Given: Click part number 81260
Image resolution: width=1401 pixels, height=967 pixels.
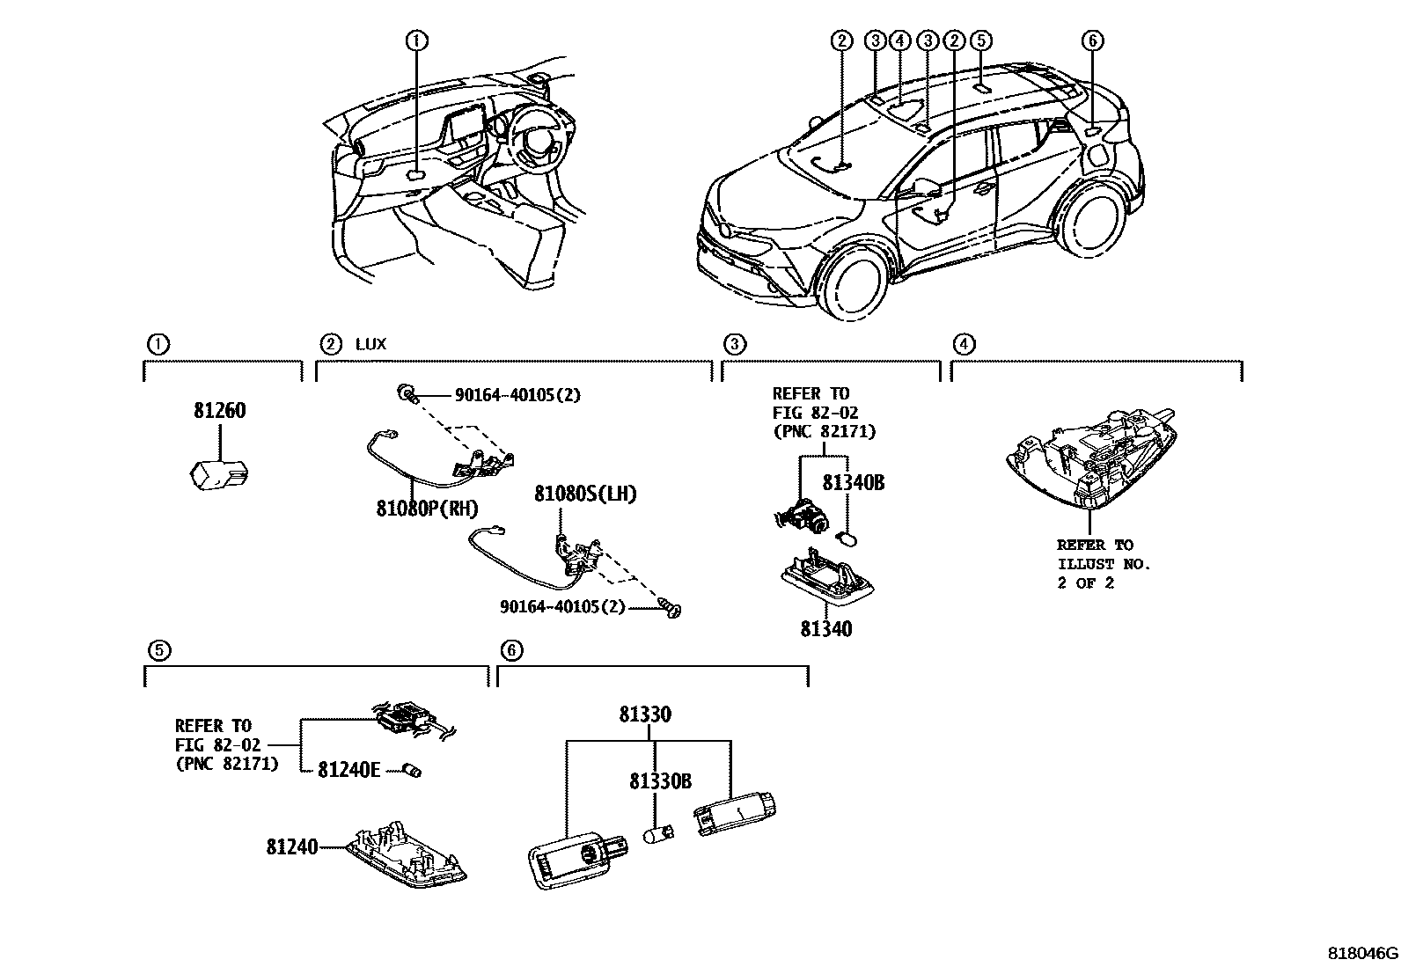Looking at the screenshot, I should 219,411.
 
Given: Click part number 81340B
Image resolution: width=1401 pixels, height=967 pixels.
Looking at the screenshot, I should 853,483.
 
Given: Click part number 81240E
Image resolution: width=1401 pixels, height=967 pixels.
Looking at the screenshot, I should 348,770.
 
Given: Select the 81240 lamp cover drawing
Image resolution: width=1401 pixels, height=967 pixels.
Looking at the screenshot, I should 406,853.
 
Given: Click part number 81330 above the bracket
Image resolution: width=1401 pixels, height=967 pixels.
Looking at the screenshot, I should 644,714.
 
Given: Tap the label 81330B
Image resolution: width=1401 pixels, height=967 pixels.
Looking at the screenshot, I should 659,780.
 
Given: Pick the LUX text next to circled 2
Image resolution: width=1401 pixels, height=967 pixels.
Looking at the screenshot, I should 370,344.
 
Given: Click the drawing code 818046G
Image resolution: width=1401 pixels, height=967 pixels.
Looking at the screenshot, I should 1363,953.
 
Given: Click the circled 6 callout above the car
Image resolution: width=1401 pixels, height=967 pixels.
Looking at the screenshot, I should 1091,40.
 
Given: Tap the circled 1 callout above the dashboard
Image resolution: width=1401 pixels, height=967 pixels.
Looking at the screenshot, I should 416,40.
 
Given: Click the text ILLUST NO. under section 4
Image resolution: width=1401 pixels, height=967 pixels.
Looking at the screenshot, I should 1104,564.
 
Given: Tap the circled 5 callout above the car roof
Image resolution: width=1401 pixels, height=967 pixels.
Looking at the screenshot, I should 981,40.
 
